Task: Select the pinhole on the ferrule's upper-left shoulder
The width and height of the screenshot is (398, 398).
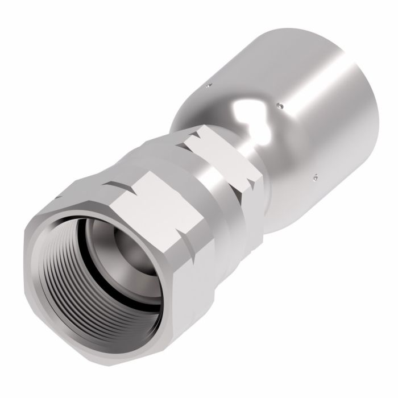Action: coord(209,86)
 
